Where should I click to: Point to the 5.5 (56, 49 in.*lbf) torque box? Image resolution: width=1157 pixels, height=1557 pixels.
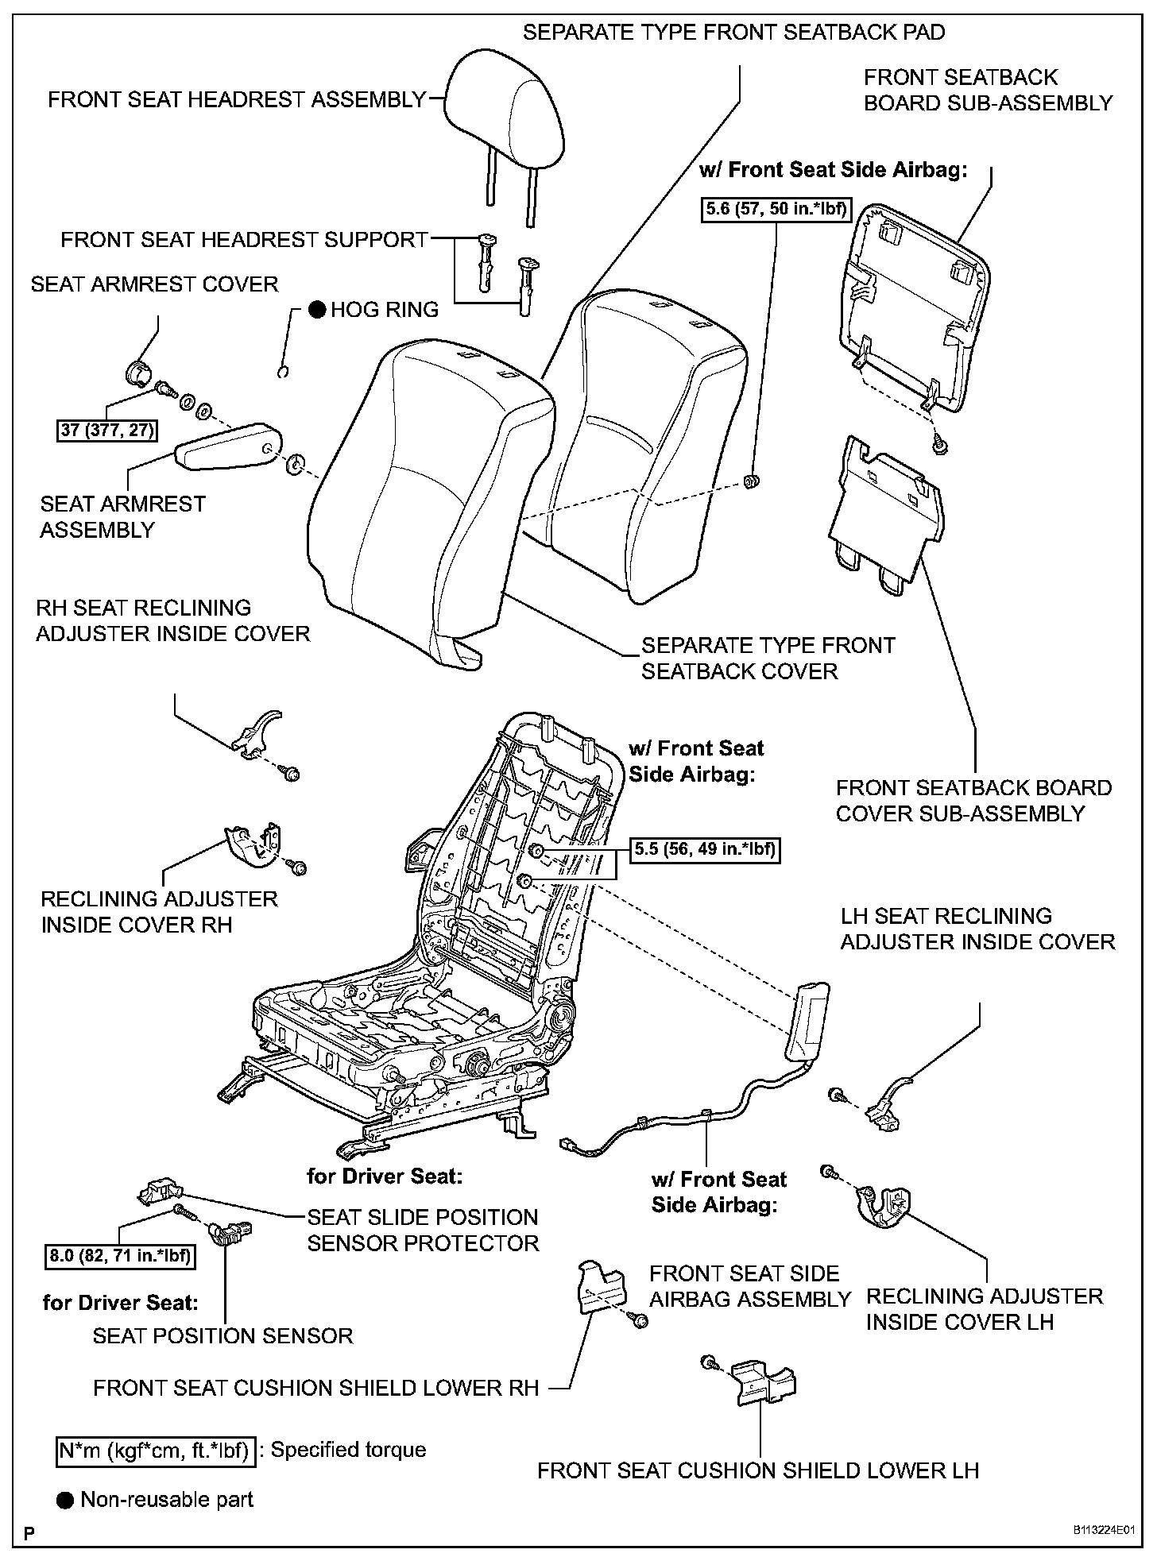(x=704, y=850)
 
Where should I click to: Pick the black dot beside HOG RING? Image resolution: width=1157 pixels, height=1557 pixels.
(x=317, y=310)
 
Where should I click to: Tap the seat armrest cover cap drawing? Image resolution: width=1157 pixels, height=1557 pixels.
(x=140, y=371)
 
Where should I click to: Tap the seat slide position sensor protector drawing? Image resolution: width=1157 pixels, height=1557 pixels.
(x=160, y=1192)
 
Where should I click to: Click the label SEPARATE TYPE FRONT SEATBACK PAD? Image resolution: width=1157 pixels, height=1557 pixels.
(x=734, y=33)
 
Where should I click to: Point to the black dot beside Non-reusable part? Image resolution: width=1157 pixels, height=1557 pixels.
(x=65, y=1500)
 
